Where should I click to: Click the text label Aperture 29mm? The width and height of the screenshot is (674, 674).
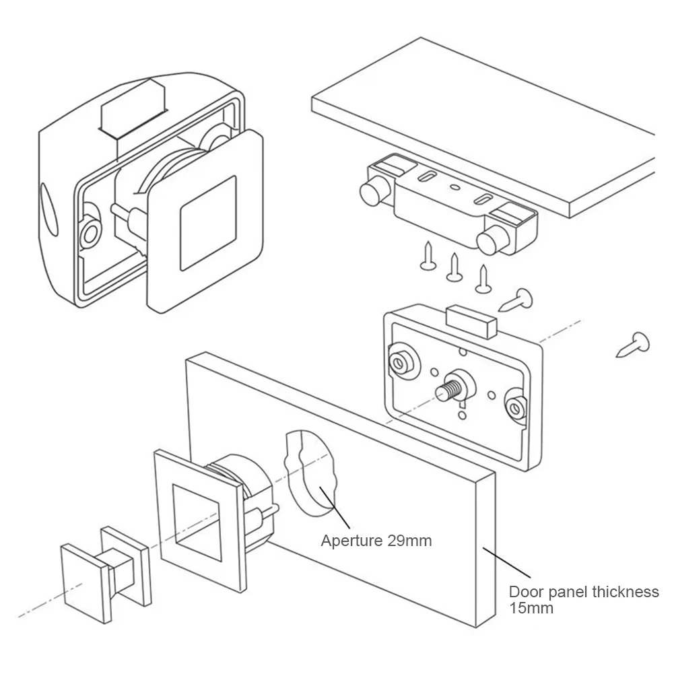click(376, 540)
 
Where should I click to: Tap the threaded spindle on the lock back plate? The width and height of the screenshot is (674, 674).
click(448, 389)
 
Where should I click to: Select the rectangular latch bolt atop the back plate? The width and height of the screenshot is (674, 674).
click(471, 321)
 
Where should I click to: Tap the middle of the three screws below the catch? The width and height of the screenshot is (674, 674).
click(454, 267)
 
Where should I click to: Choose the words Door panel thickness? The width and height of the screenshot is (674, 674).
click(583, 593)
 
